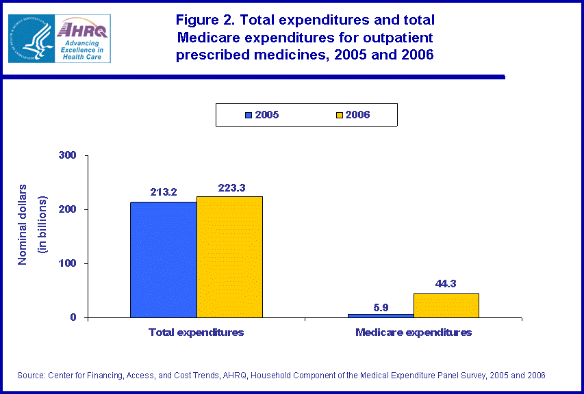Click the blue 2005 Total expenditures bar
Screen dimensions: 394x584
click(164, 259)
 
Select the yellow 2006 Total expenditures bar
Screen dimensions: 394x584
click(229, 257)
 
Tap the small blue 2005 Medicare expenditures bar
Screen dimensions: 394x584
click(381, 315)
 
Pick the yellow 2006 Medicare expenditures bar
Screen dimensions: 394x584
click(446, 305)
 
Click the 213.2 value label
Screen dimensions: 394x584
click(164, 192)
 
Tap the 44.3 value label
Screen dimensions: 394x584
click(446, 283)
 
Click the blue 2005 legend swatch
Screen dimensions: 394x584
click(249, 115)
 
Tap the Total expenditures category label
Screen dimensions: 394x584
click(196, 332)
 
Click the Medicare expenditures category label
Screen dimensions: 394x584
click(414, 332)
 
